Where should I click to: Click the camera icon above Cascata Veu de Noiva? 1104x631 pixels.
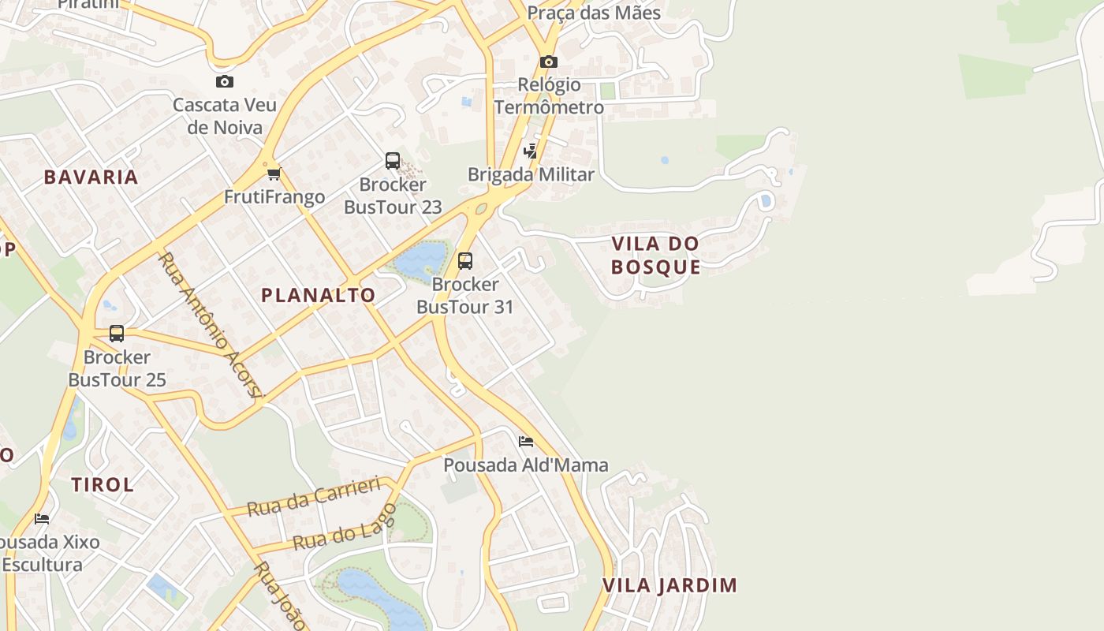click(x=225, y=81)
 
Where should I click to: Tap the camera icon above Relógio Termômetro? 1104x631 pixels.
click(x=548, y=62)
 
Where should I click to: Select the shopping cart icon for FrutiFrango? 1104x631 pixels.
click(x=274, y=174)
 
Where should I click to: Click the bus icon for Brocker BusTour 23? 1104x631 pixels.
click(x=393, y=161)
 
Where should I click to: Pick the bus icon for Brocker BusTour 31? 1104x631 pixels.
click(x=465, y=260)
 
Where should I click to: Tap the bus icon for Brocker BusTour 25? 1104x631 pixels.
click(x=117, y=334)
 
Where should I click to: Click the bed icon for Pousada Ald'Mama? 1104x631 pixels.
click(x=526, y=441)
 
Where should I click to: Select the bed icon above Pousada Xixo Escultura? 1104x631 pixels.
click(x=42, y=518)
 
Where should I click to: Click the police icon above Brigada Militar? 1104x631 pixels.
click(x=531, y=151)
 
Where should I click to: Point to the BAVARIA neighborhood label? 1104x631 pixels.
click(x=91, y=177)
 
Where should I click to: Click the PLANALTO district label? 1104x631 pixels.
click(x=319, y=295)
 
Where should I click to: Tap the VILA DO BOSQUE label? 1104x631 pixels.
click(x=656, y=255)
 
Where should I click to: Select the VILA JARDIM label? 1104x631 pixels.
click(x=669, y=585)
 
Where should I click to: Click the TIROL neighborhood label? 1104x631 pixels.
click(x=103, y=484)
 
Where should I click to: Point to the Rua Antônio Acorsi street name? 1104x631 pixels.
click(x=211, y=324)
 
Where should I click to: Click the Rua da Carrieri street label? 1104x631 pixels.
click(x=314, y=497)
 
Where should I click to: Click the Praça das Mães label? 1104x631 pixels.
click(x=593, y=13)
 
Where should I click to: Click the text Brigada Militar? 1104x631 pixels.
click(x=531, y=174)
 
